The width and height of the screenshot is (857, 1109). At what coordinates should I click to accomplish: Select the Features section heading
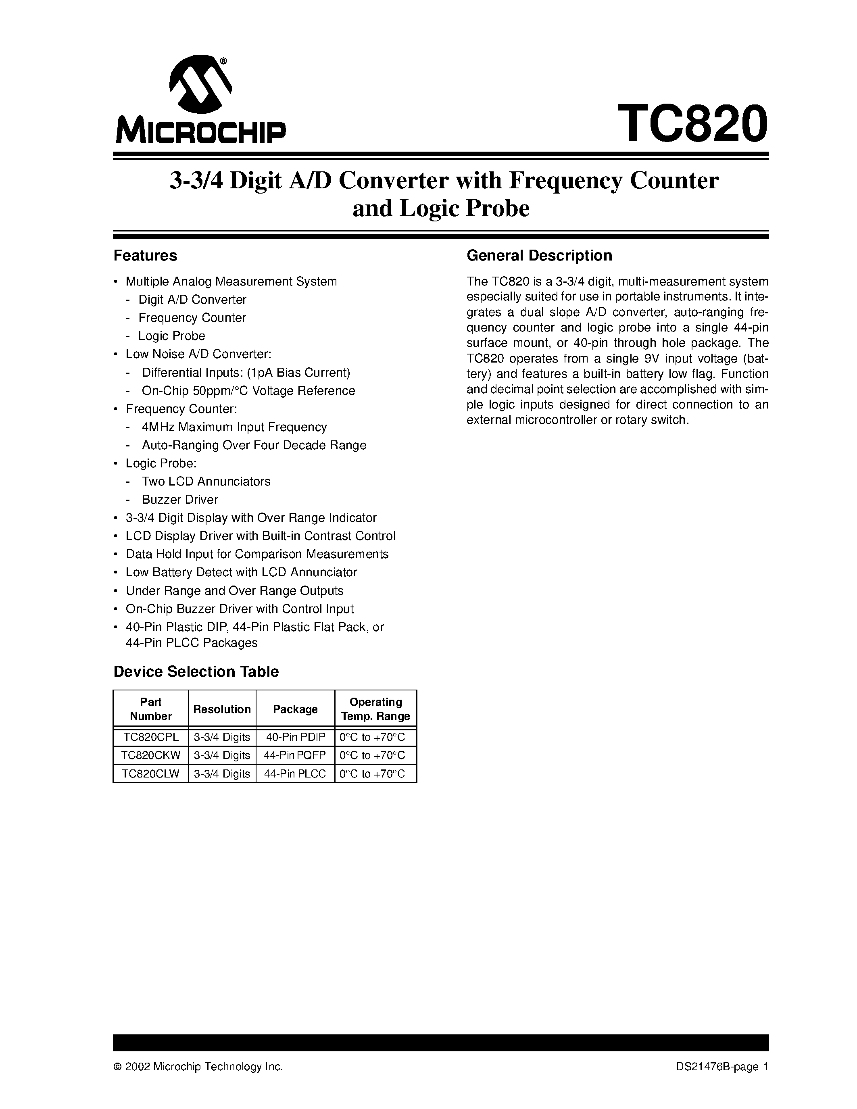click(145, 255)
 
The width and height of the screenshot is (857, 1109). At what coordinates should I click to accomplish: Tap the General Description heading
click(539, 255)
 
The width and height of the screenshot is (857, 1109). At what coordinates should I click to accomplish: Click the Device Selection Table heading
click(196, 672)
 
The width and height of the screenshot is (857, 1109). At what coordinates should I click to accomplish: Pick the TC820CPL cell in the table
click(150, 737)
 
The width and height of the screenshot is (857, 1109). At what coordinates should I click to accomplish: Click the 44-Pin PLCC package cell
click(295, 774)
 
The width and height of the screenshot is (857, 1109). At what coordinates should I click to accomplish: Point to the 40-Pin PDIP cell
click(295, 737)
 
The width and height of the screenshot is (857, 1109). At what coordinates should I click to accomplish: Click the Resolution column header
click(222, 709)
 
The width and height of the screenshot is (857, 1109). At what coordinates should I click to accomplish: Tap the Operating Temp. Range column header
click(376, 709)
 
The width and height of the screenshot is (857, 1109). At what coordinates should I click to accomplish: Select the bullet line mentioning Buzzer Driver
click(180, 499)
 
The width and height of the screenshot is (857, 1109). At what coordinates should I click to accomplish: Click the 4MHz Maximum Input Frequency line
click(234, 427)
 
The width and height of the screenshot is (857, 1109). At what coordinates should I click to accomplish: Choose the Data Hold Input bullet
click(257, 554)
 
